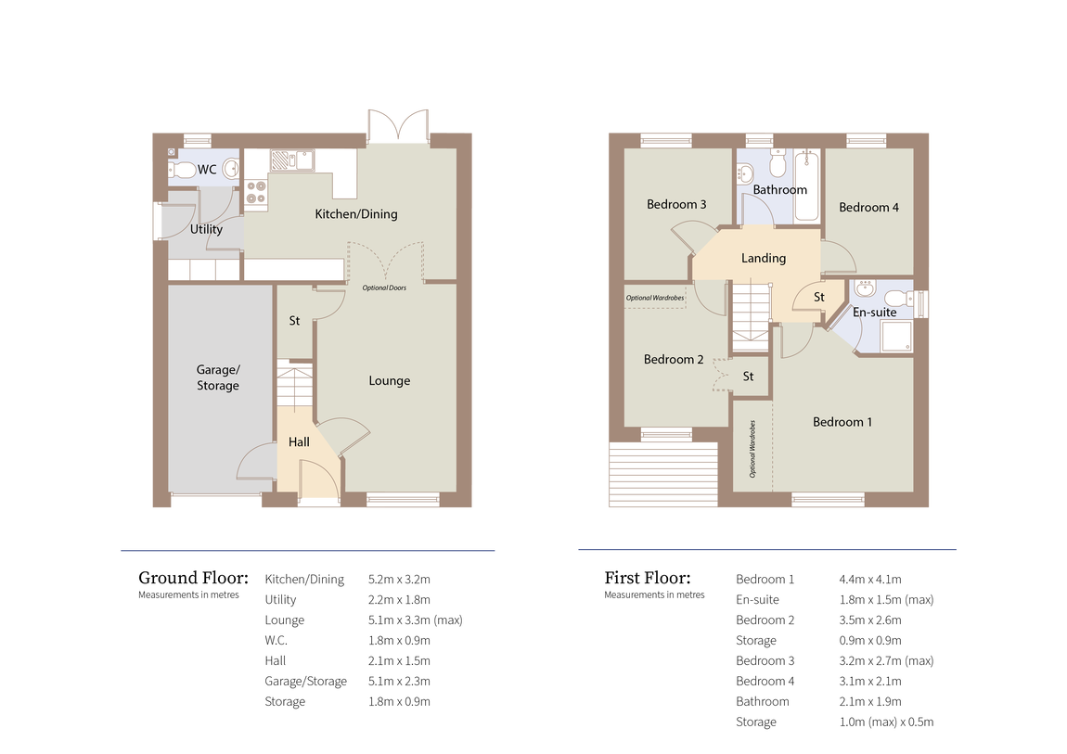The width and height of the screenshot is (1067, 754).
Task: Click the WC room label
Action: [x=207, y=170]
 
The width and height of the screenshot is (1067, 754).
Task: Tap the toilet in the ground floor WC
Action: [x=182, y=170]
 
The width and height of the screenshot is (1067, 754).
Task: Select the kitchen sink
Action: [x=292, y=160]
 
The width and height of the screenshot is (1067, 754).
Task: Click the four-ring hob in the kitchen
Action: [x=256, y=192]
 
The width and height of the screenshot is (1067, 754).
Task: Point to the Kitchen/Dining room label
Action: [x=356, y=214]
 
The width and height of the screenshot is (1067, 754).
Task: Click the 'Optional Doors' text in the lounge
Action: [x=384, y=288]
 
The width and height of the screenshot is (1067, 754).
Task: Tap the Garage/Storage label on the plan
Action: [x=218, y=377]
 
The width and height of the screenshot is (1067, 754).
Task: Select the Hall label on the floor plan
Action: [x=299, y=442]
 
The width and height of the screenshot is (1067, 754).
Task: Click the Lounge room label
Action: [x=390, y=381]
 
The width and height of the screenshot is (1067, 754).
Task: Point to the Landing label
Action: [x=764, y=259]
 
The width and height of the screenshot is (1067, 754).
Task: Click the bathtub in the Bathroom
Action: [x=807, y=185]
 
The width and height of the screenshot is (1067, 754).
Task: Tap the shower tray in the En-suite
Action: [x=896, y=337]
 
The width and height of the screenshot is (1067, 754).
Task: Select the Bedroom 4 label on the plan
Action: [x=868, y=208]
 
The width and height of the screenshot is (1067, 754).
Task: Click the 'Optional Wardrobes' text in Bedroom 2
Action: [x=655, y=298]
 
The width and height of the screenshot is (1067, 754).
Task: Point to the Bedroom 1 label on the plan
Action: [x=842, y=422]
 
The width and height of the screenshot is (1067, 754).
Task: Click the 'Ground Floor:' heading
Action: [x=193, y=578]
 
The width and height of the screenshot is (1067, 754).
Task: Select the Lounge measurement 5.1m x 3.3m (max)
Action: [x=415, y=620]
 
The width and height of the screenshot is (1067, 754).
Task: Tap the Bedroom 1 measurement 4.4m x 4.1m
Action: [x=870, y=580]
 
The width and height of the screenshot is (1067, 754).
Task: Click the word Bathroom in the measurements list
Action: [x=762, y=702]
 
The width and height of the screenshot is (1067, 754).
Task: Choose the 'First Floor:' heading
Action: [x=647, y=578]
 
